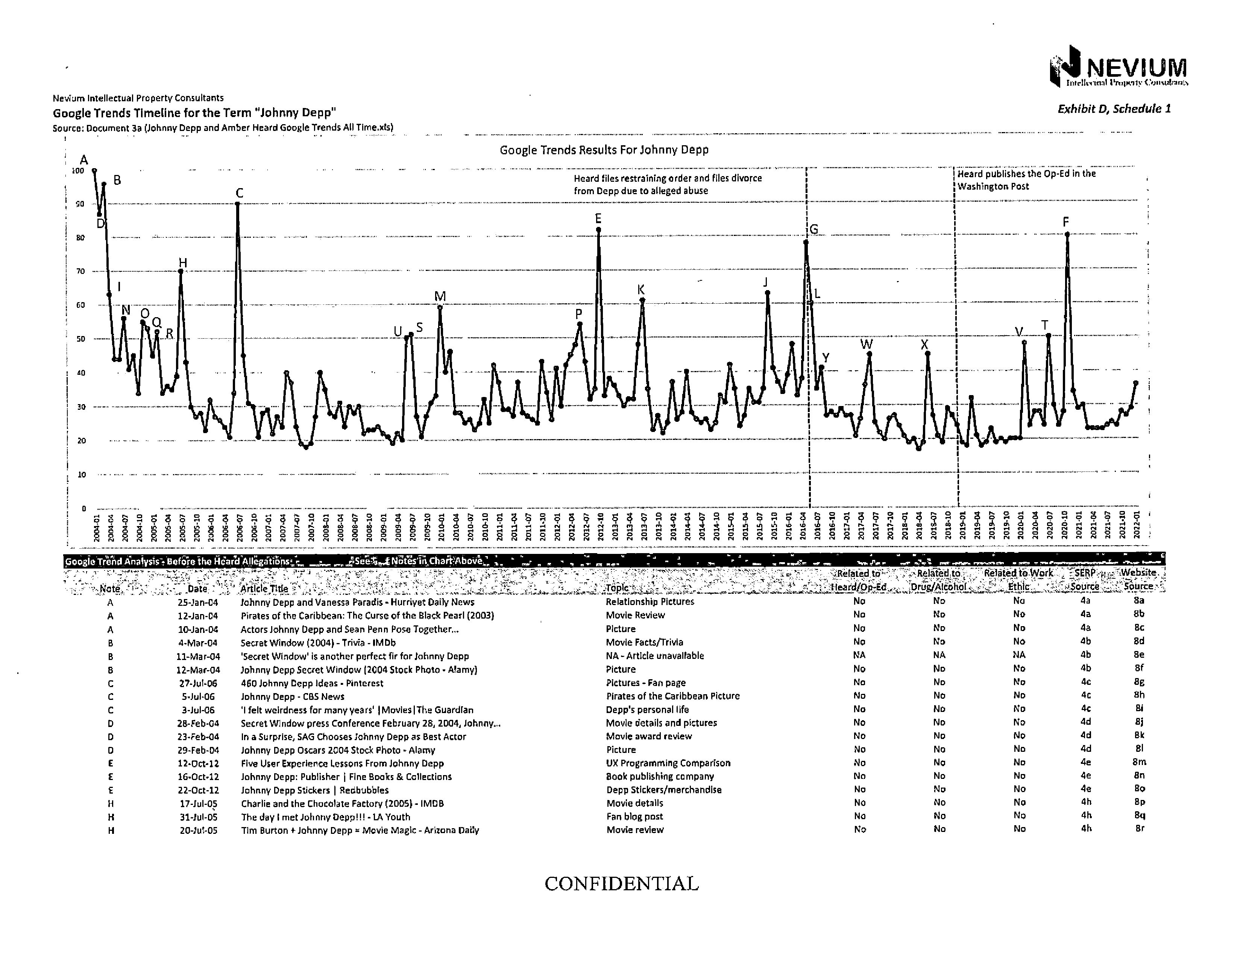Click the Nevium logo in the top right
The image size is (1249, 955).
[x=1118, y=67]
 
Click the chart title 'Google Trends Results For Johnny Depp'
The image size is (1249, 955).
[x=604, y=150]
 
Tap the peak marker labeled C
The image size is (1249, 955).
[x=238, y=204]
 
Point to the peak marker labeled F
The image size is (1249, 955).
[x=1067, y=234]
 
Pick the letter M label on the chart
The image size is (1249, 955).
[x=440, y=296]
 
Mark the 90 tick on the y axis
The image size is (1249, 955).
[x=81, y=204]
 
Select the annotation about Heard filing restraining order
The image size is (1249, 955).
[x=667, y=184]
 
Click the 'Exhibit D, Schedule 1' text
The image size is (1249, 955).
[x=1114, y=109]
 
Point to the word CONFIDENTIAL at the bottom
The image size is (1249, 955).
[x=621, y=884]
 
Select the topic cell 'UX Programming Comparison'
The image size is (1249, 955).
[x=668, y=763]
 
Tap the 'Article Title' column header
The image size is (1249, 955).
[x=264, y=589]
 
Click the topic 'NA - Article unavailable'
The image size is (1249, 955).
[x=655, y=655]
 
